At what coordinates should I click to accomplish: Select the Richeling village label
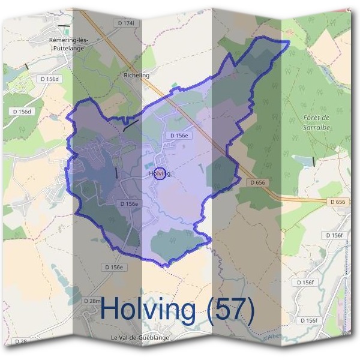(x=136, y=76)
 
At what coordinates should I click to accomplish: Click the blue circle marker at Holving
(x=160, y=173)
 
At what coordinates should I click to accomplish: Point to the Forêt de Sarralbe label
(x=317, y=124)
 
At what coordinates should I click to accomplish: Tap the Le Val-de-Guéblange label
(x=140, y=338)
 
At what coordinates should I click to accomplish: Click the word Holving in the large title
(x=148, y=309)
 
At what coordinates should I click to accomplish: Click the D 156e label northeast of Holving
(x=179, y=136)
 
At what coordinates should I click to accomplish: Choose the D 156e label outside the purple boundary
(x=113, y=267)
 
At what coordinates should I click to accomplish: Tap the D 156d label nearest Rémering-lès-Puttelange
(x=50, y=79)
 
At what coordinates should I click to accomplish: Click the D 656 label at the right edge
(x=338, y=202)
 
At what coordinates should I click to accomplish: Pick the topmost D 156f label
(x=335, y=235)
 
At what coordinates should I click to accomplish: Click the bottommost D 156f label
(x=307, y=321)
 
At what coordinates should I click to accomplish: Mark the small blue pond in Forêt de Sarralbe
(x=303, y=161)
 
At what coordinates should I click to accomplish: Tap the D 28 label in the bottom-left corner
(x=20, y=341)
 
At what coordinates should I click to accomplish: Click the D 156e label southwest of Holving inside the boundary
(x=129, y=204)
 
